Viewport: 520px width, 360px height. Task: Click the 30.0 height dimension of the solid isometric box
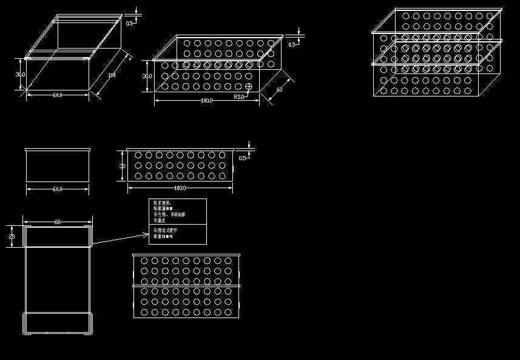tap(20, 74)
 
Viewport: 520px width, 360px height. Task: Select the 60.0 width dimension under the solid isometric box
tap(58, 95)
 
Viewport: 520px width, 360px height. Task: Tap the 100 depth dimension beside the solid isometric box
tap(112, 75)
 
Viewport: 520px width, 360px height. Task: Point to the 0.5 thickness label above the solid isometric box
tap(130, 23)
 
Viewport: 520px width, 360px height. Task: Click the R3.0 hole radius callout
tap(239, 97)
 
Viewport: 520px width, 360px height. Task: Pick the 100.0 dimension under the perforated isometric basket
tap(206, 100)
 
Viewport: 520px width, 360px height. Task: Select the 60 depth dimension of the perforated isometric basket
tap(279, 90)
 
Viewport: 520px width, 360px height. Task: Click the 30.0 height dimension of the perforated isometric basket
tap(147, 76)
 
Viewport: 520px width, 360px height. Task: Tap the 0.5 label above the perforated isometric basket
tap(292, 44)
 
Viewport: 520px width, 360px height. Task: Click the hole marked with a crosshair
tap(249, 87)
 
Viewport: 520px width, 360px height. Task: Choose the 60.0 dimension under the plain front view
tap(58, 189)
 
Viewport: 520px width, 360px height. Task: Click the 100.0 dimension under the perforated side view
tap(180, 188)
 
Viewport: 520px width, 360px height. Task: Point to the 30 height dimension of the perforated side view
tap(122, 166)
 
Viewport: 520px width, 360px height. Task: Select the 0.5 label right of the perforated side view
tap(243, 158)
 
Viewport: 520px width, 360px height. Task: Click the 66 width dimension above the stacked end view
tap(58, 222)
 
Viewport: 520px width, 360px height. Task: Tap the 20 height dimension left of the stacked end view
tap(12, 236)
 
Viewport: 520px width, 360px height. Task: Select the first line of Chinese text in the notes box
tap(162, 203)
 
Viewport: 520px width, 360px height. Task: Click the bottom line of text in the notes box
tap(163, 236)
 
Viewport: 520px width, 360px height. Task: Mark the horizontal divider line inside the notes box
tap(178, 225)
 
